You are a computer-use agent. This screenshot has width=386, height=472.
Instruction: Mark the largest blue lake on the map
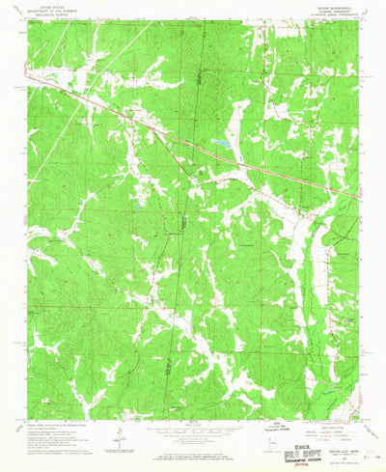221,143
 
